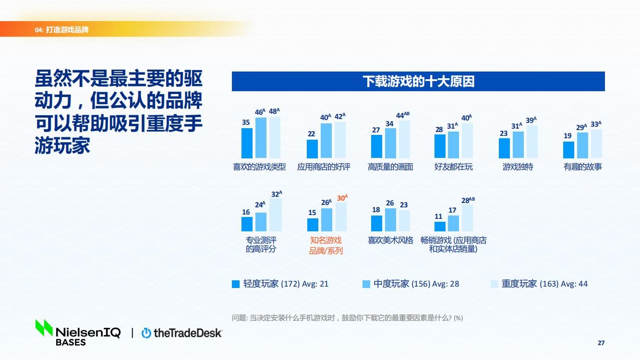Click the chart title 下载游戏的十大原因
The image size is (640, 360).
coord(418,82)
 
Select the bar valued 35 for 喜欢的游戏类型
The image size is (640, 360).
coord(247,143)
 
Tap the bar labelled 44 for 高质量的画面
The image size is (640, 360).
coord(404,139)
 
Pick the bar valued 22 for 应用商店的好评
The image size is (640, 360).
coord(312,149)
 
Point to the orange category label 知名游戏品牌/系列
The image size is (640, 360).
coord(326,245)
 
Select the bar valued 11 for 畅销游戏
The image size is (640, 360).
coord(440,227)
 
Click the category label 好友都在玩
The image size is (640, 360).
coord(453,167)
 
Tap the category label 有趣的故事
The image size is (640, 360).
coord(582,167)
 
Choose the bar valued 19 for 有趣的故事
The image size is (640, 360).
coord(568,150)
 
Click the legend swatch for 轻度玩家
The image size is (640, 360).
coord(236,284)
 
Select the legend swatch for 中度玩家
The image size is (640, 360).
coord(366,284)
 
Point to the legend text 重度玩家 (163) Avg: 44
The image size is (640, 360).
coord(544,284)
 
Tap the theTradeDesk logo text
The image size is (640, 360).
coord(187,333)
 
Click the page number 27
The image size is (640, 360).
coord(601,343)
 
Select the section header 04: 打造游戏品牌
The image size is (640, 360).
coord(61,30)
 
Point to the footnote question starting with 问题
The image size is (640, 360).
coord(347,318)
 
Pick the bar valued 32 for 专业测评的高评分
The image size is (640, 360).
coord(276,215)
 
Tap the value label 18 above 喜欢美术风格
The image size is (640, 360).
coord(376,210)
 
